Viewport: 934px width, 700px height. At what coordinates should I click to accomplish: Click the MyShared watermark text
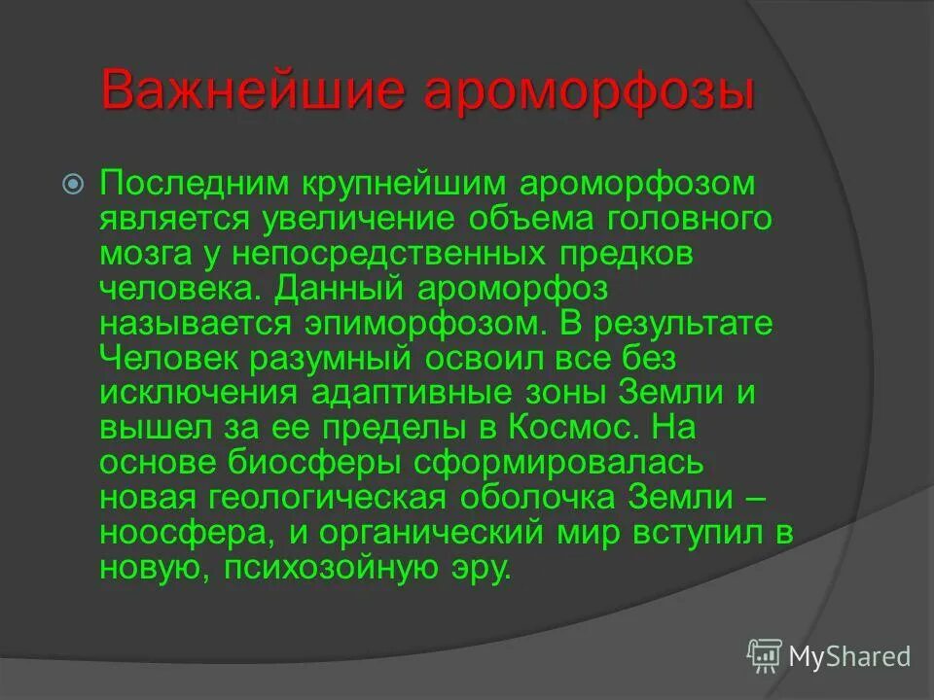point(849,656)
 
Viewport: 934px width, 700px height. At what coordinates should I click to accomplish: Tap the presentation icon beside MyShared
point(764,655)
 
